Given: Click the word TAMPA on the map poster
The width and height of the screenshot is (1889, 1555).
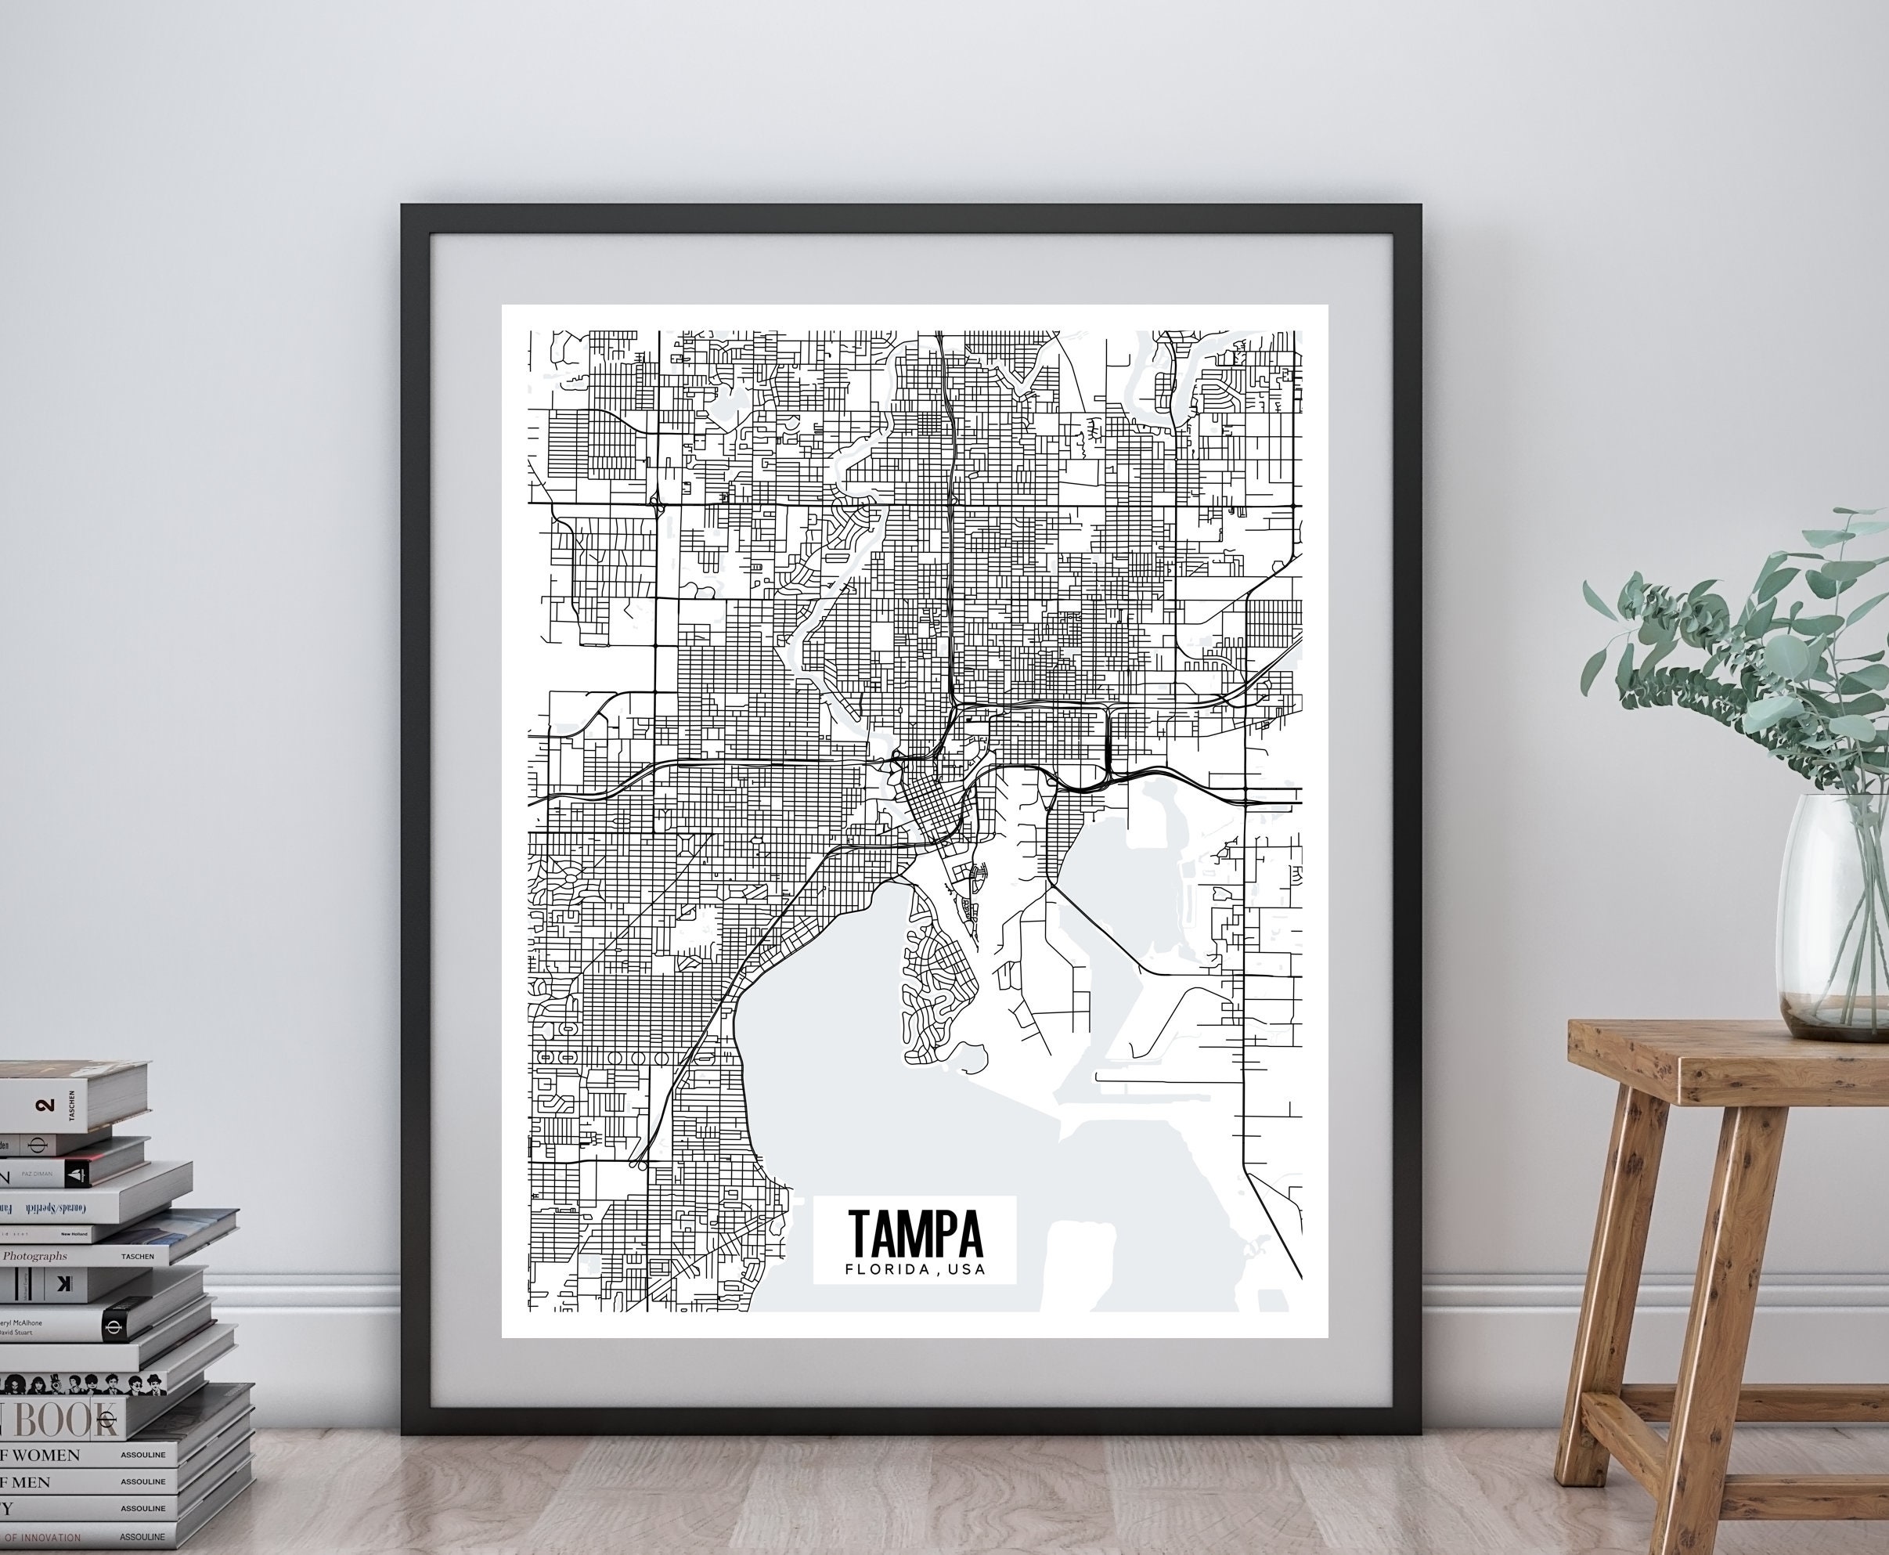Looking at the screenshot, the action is coord(914,1233).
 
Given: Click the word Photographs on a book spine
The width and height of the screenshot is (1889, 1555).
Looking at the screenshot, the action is coord(35,1256).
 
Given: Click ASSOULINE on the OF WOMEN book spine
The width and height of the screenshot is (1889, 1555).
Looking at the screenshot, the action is coord(143,1455).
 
